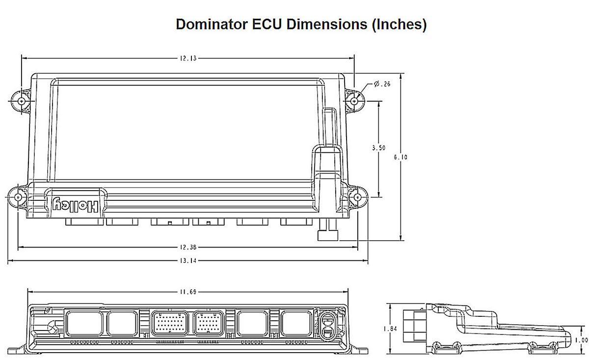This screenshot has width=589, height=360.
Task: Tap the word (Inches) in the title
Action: [x=399, y=25]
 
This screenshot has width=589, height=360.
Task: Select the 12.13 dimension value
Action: [x=187, y=58]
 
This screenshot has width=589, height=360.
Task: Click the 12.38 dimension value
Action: [x=187, y=248]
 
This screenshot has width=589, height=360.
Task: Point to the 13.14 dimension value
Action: [x=187, y=261]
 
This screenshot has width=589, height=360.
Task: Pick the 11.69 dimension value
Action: [x=187, y=293]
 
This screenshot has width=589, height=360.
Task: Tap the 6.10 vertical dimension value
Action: [x=401, y=157]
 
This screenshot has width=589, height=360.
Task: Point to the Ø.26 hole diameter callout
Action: [x=382, y=84]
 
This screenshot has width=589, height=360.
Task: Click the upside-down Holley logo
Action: [x=77, y=204]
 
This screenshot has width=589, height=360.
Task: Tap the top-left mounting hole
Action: [x=21, y=101]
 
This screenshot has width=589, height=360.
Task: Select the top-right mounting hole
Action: [x=354, y=101]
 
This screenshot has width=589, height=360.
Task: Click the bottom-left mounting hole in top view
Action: [x=18, y=197]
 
